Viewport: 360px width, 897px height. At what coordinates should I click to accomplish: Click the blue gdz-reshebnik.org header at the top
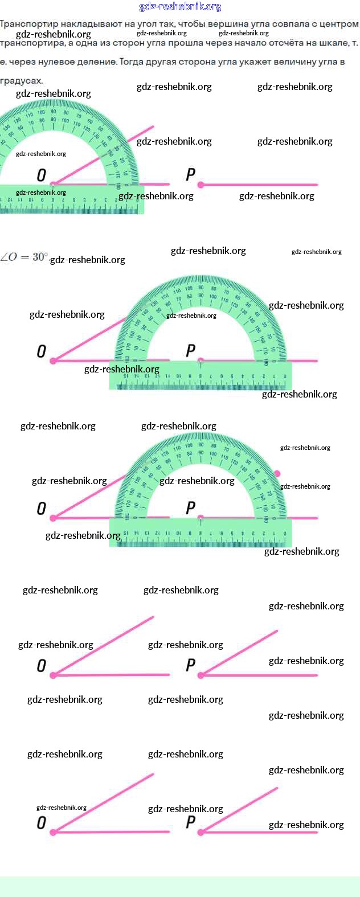[180, 7]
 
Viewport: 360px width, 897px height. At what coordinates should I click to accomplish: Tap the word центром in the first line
[338, 24]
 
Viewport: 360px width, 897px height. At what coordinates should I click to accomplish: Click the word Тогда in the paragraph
[132, 62]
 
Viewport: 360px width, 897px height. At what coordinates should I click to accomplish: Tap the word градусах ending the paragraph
[21, 81]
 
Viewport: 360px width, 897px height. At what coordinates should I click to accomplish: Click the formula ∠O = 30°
[24, 257]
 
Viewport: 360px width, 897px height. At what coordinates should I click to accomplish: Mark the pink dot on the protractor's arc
[277, 474]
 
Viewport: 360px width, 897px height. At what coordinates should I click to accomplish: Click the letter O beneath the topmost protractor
[42, 175]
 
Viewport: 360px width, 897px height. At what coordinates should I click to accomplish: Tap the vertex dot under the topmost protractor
[53, 185]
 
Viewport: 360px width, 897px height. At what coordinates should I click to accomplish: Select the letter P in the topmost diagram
[191, 175]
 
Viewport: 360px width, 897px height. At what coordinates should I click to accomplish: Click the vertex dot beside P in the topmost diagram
[201, 185]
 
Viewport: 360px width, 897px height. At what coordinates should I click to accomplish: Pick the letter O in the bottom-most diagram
[42, 822]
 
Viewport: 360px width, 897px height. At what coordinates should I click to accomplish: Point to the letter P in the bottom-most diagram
[191, 822]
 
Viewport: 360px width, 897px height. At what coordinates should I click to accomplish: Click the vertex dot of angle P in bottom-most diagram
[201, 832]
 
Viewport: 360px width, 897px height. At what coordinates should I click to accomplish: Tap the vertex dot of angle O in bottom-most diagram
[53, 832]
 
